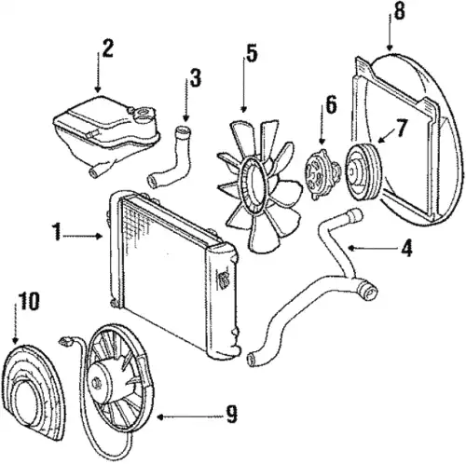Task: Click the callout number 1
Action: tap(57, 231)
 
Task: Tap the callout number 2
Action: tap(107, 48)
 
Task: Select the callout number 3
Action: tap(196, 77)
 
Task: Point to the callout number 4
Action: tap(406, 248)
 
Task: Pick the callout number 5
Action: tap(252, 53)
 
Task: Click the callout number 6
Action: tap(331, 104)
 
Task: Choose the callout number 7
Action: tap(401, 128)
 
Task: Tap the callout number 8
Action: tap(400, 11)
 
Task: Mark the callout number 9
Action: tap(231, 415)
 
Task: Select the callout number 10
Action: tap(29, 301)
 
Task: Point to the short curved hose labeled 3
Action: tap(171, 157)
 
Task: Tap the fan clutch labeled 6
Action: tap(322, 174)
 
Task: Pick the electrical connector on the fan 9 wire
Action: tap(65, 341)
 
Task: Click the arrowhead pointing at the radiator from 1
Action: tap(100, 237)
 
